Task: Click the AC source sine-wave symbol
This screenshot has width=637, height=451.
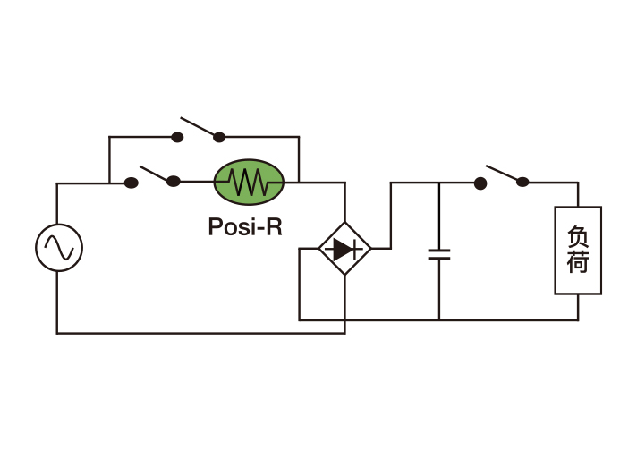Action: click(59, 248)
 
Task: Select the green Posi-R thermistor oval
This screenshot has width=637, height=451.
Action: click(249, 183)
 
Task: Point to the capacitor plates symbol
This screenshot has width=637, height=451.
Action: click(438, 253)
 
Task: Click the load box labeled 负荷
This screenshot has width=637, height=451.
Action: click(578, 251)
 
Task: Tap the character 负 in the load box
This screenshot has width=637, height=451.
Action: click(578, 236)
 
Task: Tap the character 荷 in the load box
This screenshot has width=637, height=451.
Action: click(578, 264)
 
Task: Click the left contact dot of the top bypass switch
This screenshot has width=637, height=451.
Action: click(177, 137)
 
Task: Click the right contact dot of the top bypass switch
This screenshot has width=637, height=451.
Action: click(219, 137)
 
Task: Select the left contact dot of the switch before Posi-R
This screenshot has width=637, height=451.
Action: click(131, 183)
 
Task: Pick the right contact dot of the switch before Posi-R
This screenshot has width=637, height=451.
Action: click(174, 183)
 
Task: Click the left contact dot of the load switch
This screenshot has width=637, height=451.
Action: click(480, 183)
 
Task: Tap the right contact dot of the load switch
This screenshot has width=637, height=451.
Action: click(522, 183)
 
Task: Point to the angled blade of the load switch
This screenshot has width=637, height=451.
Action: click(504, 174)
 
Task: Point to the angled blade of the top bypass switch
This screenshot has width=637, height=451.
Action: click(199, 127)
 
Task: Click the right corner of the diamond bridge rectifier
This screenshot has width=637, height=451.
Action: click(370, 249)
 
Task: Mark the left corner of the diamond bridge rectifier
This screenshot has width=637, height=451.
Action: click(319, 249)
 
